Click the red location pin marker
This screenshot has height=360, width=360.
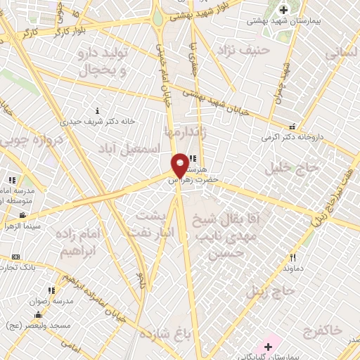[x=180, y=165]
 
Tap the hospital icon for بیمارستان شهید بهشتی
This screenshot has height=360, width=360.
[x=283, y=11]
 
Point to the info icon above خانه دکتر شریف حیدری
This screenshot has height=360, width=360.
[x=97, y=110]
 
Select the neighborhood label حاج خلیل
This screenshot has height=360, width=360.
[x=291, y=168]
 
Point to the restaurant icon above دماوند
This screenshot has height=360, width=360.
[x=292, y=258]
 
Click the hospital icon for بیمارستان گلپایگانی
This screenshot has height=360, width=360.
[x=268, y=347]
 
